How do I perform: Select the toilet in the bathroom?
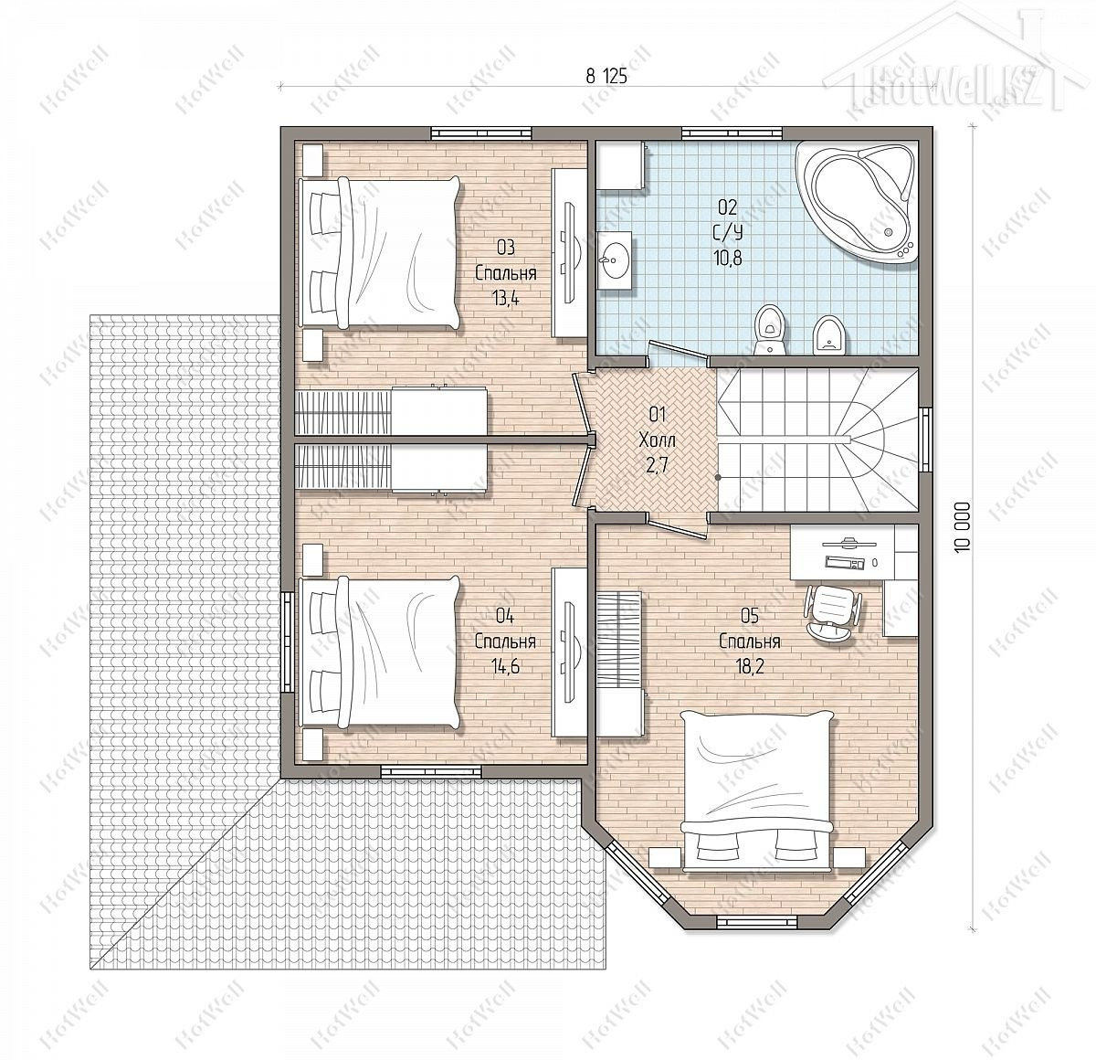770,329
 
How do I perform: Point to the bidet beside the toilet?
829,334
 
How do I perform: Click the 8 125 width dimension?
606,76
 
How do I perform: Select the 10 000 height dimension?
963,527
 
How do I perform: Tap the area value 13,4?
505,298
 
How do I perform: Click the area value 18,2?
749,667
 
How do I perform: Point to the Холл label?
658,440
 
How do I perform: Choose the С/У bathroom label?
728,232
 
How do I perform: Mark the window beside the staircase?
925,440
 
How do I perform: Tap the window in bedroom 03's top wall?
481,133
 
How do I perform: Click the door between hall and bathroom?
678,351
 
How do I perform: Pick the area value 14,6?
505,667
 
